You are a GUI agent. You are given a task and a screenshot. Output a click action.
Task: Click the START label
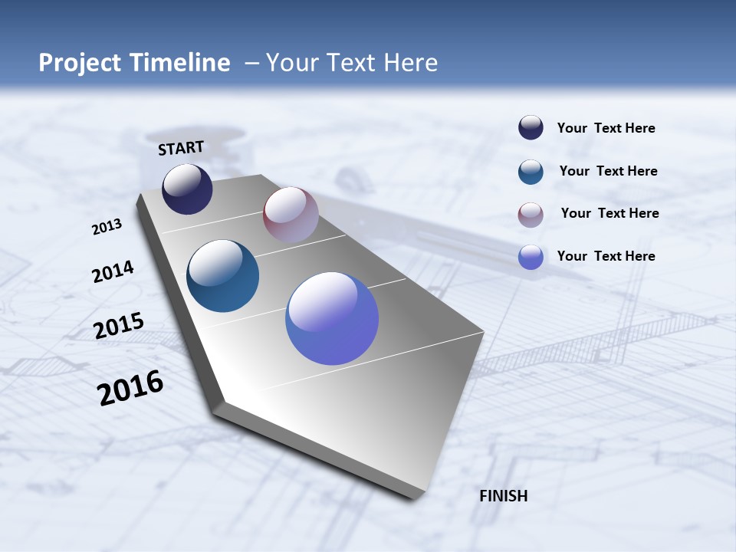(x=181, y=147)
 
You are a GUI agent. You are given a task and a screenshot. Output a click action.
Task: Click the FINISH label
(x=504, y=496)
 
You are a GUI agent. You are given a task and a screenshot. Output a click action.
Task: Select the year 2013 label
(x=107, y=226)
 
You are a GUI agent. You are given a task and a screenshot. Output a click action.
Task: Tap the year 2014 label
(x=113, y=271)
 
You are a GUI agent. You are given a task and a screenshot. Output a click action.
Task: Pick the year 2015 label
(x=119, y=326)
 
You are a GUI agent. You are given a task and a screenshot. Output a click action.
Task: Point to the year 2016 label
(x=130, y=387)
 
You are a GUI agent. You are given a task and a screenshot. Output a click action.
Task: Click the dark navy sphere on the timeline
(x=187, y=189)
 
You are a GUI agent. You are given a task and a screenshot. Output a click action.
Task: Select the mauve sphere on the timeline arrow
(x=291, y=215)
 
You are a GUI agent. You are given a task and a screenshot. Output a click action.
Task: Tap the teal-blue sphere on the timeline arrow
(x=222, y=276)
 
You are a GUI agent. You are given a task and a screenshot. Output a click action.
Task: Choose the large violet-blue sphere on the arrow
(x=332, y=318)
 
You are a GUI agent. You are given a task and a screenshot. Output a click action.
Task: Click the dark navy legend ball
(x=531, y=128)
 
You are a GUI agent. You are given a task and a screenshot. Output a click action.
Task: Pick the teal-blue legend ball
(x=531, y=171)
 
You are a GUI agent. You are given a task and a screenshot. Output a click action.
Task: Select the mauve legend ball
(x=531, y=214)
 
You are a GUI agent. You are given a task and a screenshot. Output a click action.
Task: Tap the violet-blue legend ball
(x=531, y=257)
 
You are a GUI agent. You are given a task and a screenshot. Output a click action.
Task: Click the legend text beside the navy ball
(x=606, y=128)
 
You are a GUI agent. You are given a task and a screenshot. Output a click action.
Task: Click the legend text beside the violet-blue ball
(x=606, y=256)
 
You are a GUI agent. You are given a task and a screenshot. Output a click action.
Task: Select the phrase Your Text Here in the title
(x=352, y=62)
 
